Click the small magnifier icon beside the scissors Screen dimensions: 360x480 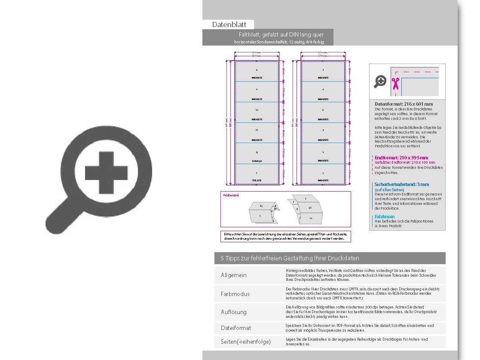tap(380, 81)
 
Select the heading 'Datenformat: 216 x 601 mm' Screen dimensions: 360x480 tap(404, 104)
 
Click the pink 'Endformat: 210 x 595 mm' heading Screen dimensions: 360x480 tap(401, 158)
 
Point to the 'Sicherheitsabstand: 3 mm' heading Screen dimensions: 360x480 tap(402, 184)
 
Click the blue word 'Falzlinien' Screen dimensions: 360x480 tap(385, 217)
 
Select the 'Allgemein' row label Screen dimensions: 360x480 tap(234, 275)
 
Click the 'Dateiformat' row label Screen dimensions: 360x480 tap(236, 328)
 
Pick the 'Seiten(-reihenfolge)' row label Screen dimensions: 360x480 tap(245, 342)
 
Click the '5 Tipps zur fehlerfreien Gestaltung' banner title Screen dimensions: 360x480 tap(290, 258)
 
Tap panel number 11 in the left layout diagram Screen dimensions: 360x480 tap(257, 130)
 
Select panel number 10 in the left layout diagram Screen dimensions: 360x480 tap(257, 110)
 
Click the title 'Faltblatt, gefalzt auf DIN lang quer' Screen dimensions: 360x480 tap(281, 34)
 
